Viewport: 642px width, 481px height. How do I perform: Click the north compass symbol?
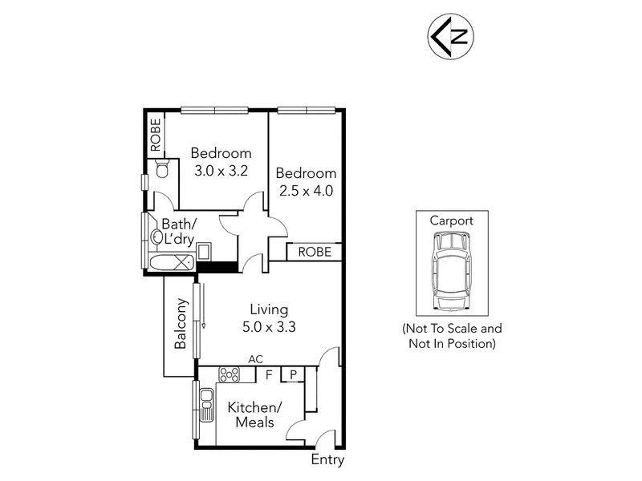click(x=451, y=36)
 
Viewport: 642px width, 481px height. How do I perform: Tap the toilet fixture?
click(x=163, y=168)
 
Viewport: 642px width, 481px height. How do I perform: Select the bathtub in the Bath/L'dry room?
click(x=172, y=262)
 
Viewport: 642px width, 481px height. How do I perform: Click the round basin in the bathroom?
click(x=156, y=236)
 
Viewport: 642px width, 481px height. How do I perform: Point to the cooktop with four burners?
click(x=230, y=374)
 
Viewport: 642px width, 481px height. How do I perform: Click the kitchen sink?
click(x=206, y=405)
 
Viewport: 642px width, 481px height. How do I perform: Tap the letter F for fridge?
click(x=269, y=374)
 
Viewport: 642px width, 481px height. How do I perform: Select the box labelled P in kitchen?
click(x=293, y=374)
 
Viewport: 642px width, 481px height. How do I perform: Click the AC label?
click(x=255, y=359)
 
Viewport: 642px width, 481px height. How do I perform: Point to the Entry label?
click(x=327, y=459)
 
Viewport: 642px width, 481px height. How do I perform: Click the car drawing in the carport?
click(x=452, y=271)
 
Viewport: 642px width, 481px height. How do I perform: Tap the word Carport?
click(x=452, y=221)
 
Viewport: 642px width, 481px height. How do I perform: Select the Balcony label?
click(x=181, y=324)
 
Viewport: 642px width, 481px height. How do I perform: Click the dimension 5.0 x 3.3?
click(x=269, y=327)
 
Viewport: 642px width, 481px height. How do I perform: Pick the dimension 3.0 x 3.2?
click(x=221, y=171)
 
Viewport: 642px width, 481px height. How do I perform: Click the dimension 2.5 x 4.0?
click(x=307, y=191)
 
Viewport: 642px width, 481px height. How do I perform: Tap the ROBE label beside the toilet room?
click(x=156, y=135)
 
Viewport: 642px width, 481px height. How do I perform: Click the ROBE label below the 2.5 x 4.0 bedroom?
click(x=315, y=252)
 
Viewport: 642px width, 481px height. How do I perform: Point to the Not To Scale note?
click(x=452, y=336)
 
